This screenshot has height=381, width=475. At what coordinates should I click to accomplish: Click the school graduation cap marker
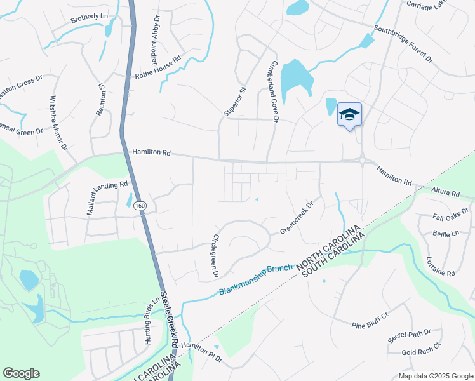(x=349, y=115)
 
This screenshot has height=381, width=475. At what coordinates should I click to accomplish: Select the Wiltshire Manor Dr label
(x=58, y=123)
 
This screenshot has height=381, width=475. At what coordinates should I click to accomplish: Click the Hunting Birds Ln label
(x=151, y=321)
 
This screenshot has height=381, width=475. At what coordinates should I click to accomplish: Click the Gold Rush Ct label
(x=421, y=352)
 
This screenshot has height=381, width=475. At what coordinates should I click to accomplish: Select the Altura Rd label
(x=445, y=191)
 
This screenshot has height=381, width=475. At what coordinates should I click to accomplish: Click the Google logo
(x=21, y=373)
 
